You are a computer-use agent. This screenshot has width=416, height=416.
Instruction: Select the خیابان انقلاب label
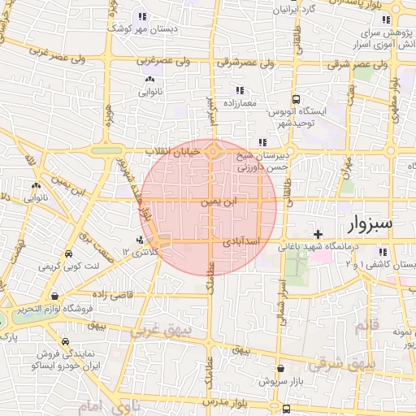[x=167, y=152]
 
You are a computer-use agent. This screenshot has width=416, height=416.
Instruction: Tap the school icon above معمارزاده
[x=239, y=90]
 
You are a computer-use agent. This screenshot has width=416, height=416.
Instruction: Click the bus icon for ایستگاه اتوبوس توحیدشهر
[x=297, y=97]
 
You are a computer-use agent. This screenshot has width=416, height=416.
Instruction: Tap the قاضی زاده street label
[x=111, y=293]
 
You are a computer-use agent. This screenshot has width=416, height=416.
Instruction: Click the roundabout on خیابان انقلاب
[x=213, y=150]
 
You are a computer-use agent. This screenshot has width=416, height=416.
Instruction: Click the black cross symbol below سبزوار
[x=318, y=234]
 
